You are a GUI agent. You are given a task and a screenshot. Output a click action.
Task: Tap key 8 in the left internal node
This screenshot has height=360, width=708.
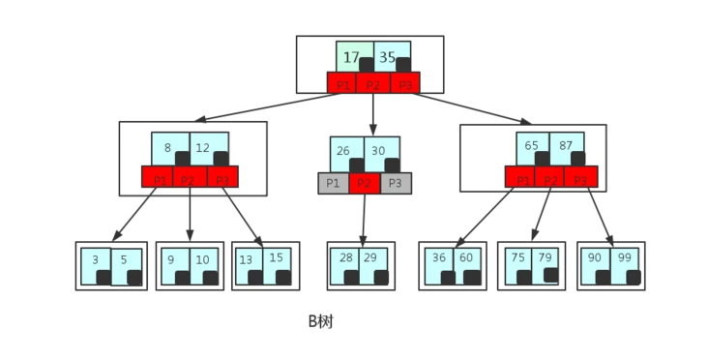tap(168, 148)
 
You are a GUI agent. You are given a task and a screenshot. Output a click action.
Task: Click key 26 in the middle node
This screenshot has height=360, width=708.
tap(341, 151)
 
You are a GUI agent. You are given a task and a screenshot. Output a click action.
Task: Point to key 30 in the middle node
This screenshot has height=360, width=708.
tap(378, 151)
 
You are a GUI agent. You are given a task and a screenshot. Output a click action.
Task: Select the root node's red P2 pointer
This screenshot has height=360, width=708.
tap(372, 84)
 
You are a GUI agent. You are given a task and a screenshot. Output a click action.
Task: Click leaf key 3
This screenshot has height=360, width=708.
tap(96, 260)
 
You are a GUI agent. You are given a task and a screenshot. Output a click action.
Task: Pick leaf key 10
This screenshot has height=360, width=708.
tap(201, 260)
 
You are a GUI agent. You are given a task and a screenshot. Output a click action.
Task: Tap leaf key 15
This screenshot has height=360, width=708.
tap(277, 258)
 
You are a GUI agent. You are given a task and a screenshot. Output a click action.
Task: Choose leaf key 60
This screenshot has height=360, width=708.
tap(466, 258)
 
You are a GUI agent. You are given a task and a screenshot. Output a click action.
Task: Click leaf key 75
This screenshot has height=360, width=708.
tap(516, 258)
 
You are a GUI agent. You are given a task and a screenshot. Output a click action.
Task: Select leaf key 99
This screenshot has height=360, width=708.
tap(623, 258)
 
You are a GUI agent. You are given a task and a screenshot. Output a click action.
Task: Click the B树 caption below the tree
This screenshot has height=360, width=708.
tap(321, 320)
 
